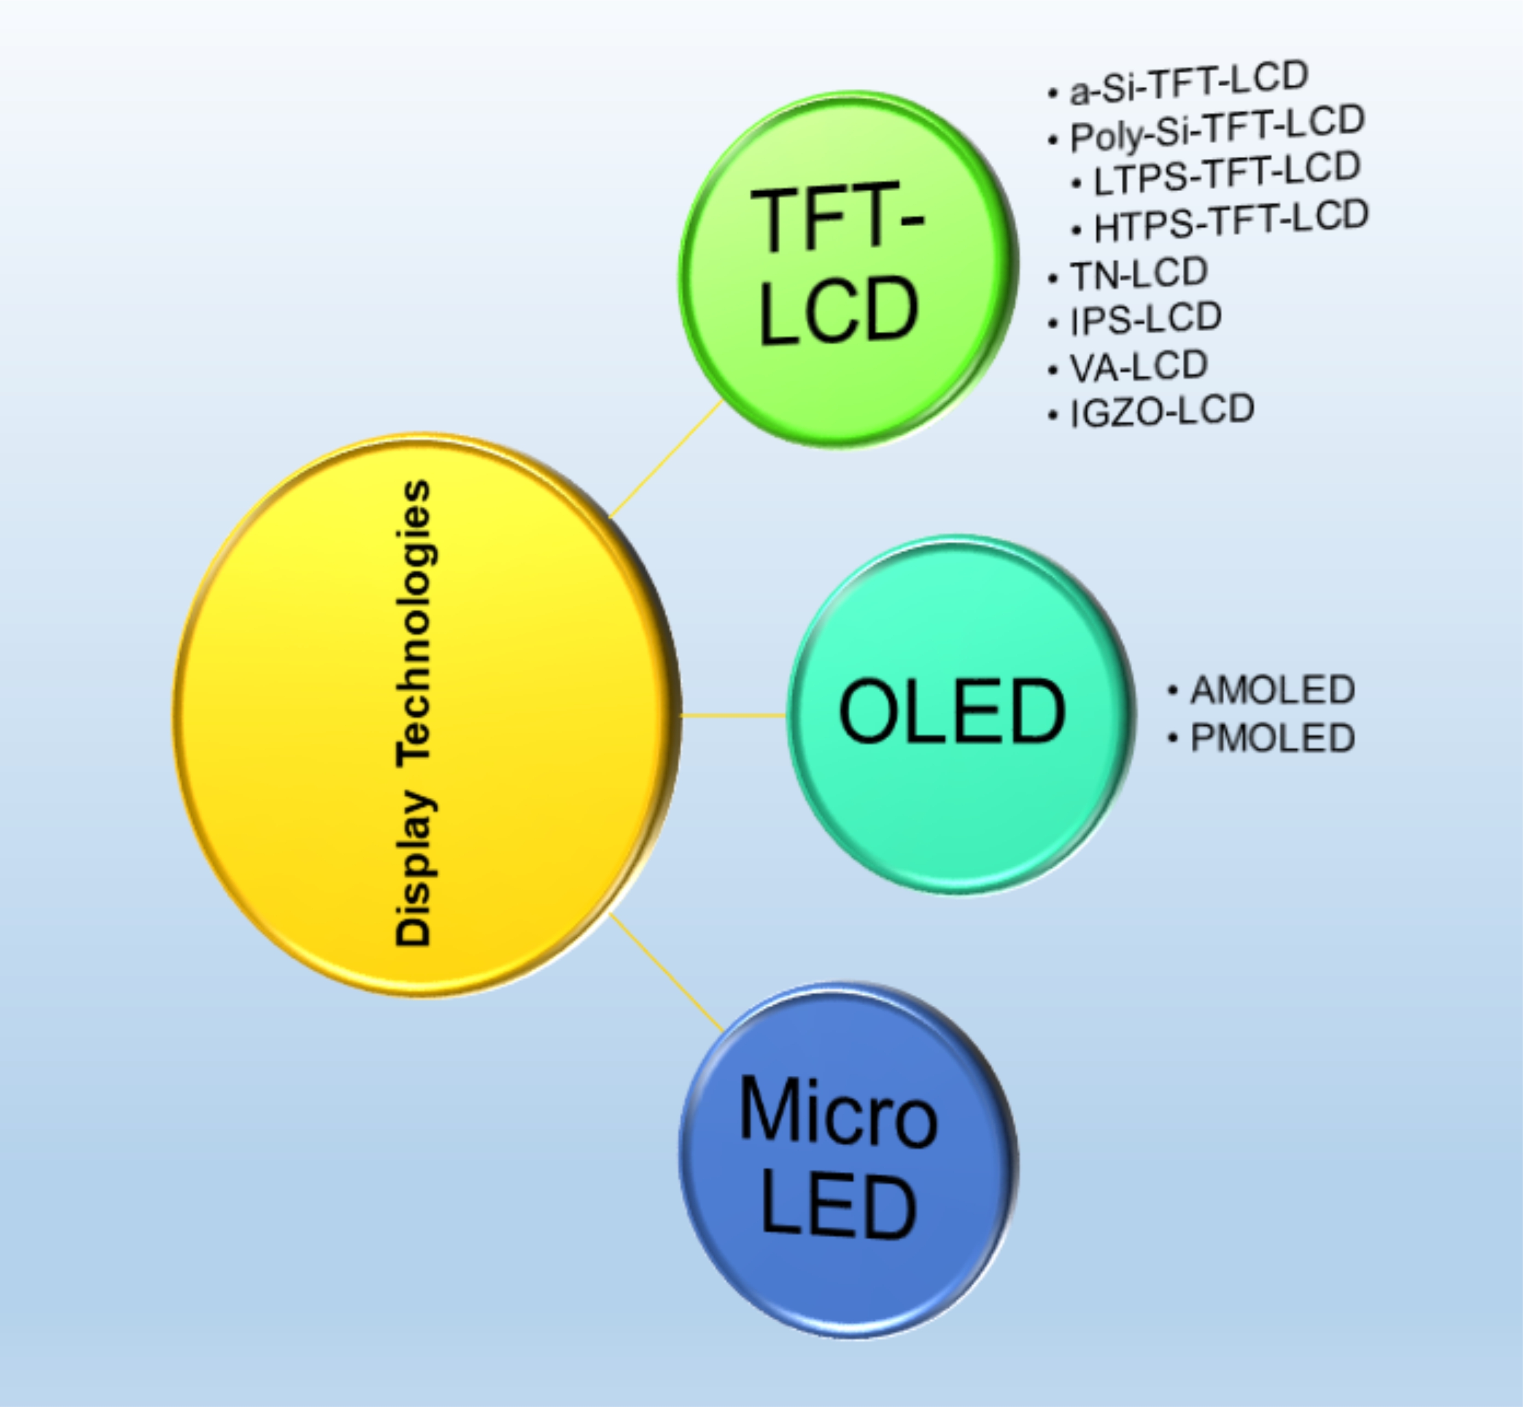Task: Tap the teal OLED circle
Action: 961,714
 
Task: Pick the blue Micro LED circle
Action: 848,1159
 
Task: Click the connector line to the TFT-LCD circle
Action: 666,458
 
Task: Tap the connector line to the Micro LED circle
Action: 666,972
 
